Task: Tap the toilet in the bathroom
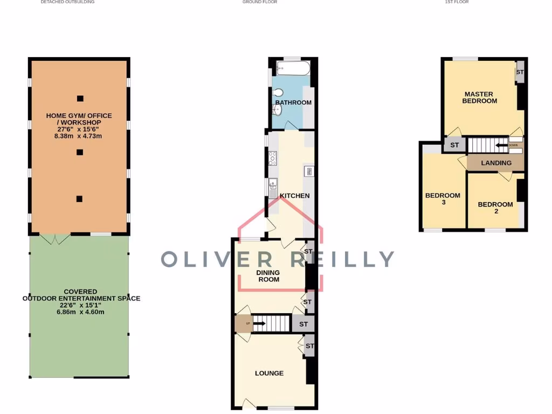(x=277, y=92)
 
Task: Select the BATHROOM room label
(x=293, y=102)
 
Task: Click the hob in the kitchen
(x=272, y=158)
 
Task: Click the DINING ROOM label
(x=268, y=276)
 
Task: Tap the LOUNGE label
(x=269, y=373)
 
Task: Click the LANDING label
(x=496, y=163)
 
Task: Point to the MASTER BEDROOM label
(x=479, y=98)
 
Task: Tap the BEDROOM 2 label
(x=495, y=208)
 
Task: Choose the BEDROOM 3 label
(x=443, y=199)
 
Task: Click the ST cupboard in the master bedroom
(x=520, y=72)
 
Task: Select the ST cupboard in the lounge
(x=309, y=346)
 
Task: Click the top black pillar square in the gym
(x=80, y=98)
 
